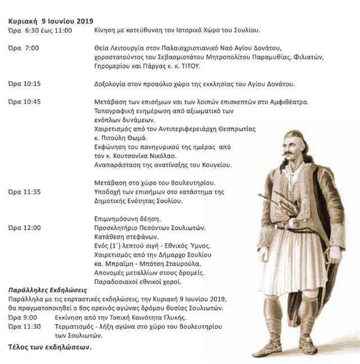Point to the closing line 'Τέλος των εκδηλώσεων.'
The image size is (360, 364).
pyautogui.click(x=49, y=347)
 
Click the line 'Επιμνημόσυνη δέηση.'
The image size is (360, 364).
pyautogui.click(x=128, y=219)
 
